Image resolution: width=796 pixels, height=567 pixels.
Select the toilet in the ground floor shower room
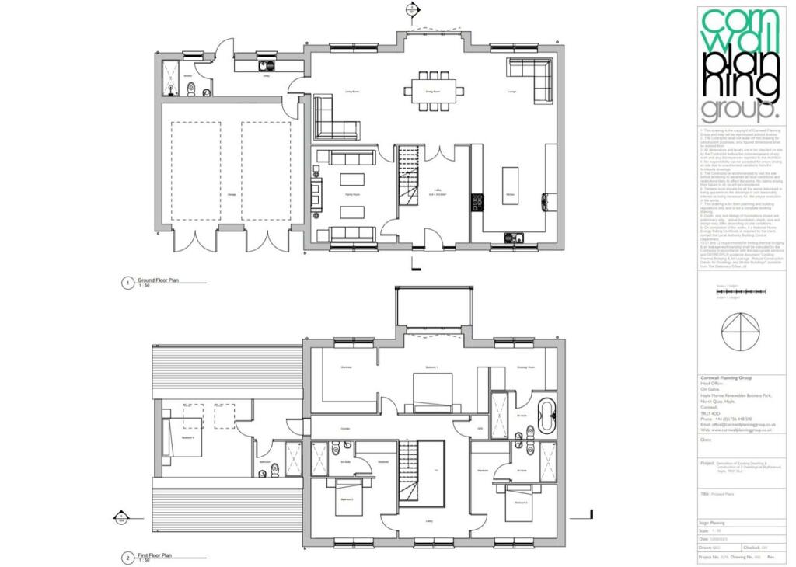point(190,91)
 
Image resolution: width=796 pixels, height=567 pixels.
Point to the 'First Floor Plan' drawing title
point(155,556)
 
